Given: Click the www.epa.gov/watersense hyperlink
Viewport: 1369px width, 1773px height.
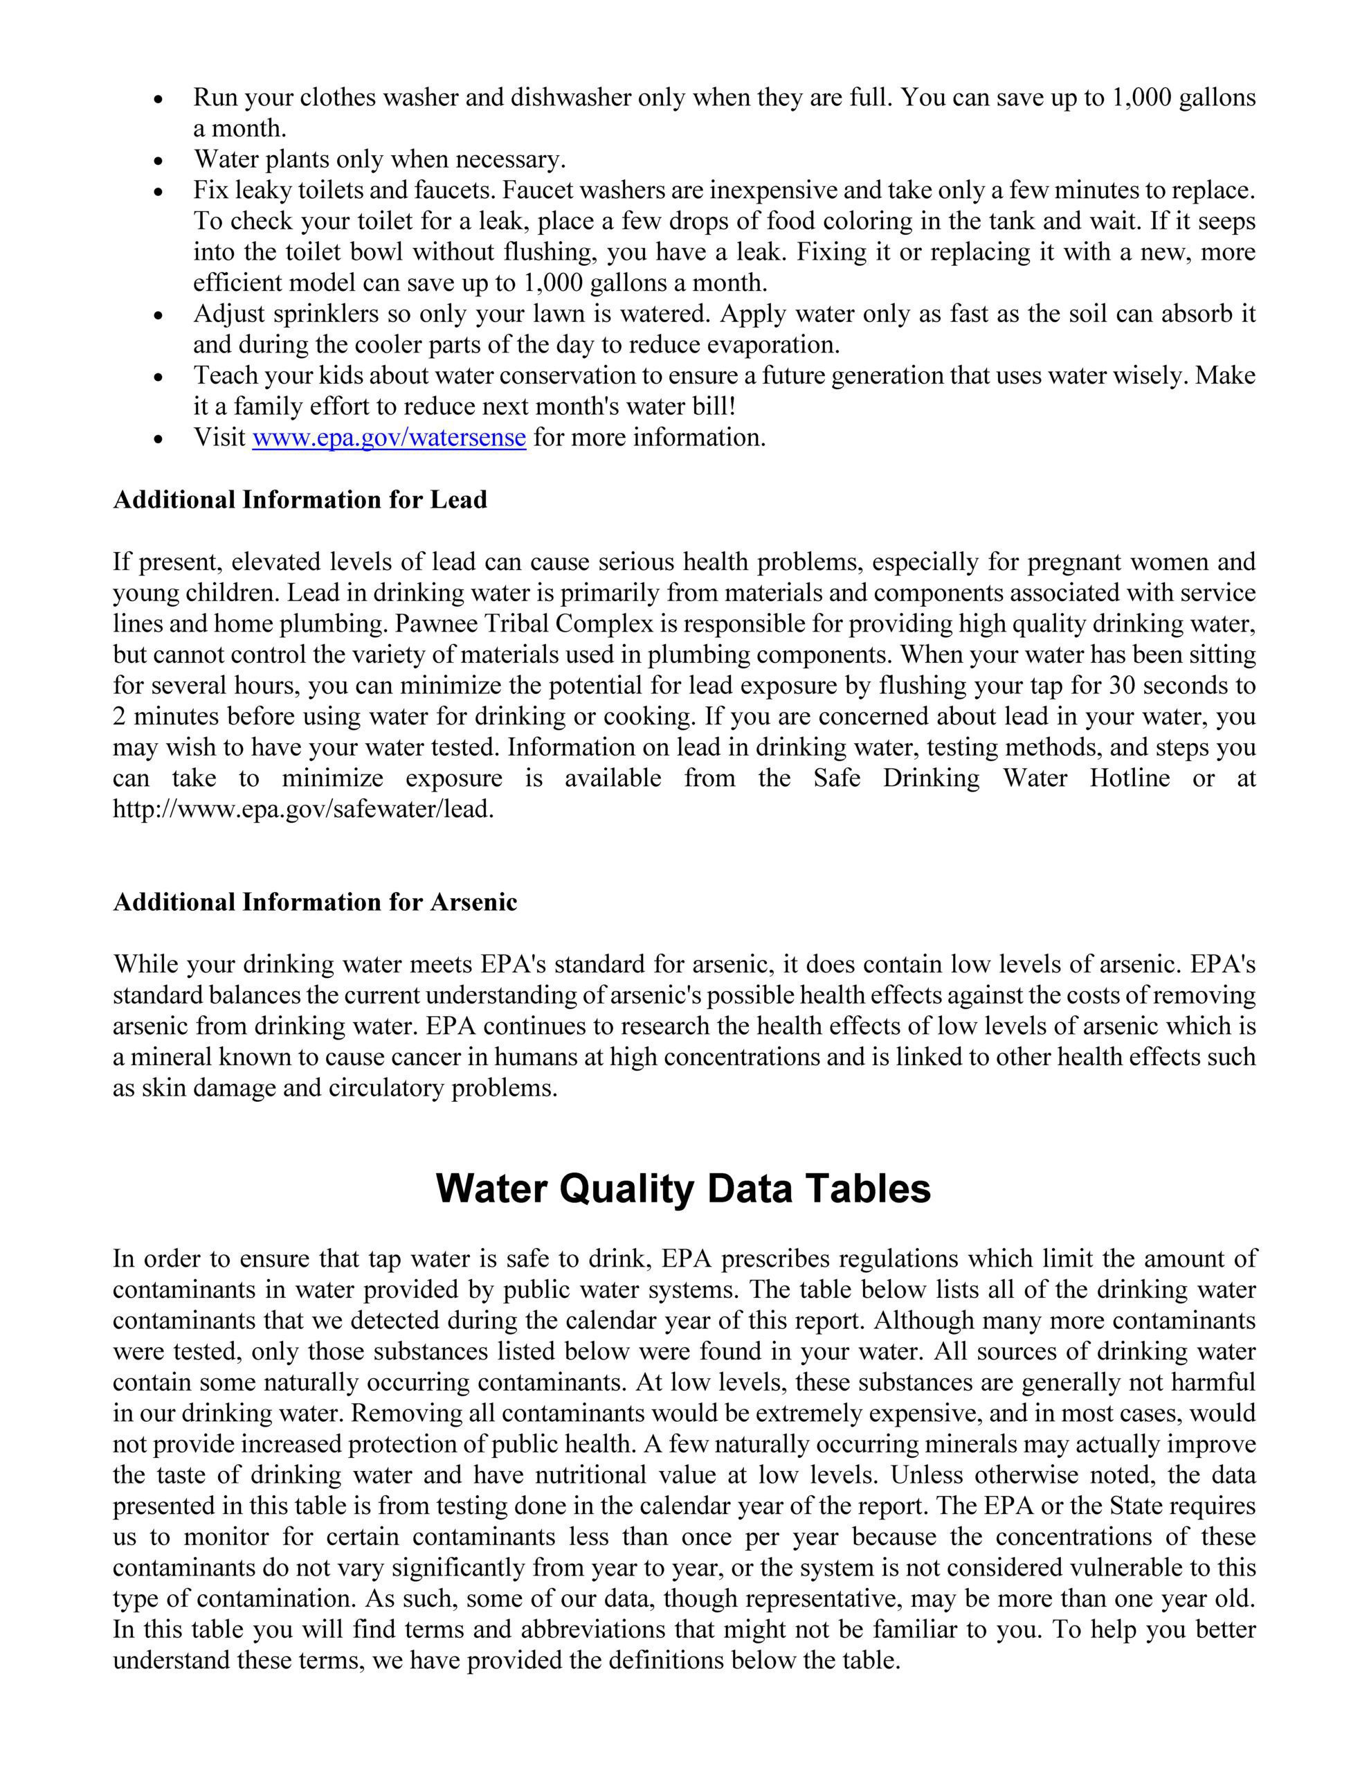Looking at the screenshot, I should (389, 438).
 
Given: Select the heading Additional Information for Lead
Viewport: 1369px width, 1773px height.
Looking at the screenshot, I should (300, 499).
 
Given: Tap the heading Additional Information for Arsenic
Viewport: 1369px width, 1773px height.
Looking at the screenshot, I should (315, 902).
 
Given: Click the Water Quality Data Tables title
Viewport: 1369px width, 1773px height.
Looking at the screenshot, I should (683, 1188).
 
